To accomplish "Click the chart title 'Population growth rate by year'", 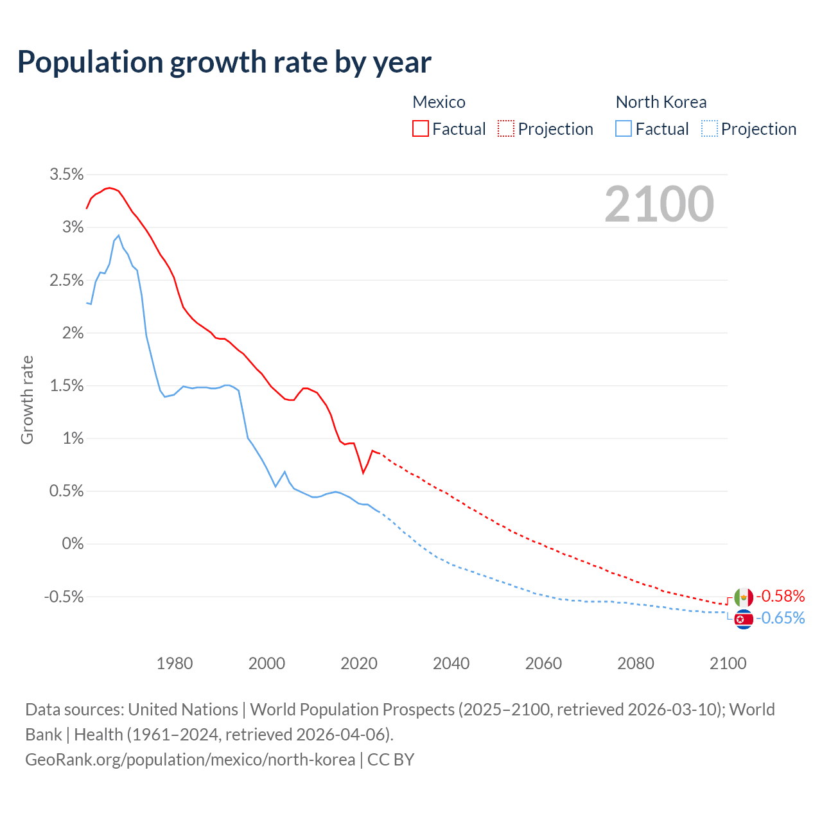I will tap(224, 62).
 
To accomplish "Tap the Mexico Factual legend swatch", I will tap(421, 128).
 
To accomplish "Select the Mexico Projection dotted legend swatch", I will tap(506, 128).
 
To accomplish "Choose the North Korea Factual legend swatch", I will tap(624, 128).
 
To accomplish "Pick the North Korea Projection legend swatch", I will tap(709, 128).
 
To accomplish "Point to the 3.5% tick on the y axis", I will tap(67, 175).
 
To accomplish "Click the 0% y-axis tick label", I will tap(73, 544).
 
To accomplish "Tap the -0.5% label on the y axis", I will tap(64, 597).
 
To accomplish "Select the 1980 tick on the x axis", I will tap(175, 663).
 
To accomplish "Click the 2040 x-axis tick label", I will tap(451, 663).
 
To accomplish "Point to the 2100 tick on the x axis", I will tap(728, 663).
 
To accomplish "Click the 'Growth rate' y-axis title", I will tap(27, 399).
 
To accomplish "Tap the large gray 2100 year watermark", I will tap(659, 204).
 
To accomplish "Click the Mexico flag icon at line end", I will tap(744, 597).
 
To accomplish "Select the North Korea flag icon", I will tap(744, 619).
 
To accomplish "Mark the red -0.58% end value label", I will tap(780, 596).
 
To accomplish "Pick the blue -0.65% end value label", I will tap(780, 618).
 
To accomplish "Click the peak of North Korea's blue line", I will tap(118, 236).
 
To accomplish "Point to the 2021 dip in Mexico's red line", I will tap(363, 473).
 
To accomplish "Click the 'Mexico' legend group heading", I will tap(439, 102).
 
